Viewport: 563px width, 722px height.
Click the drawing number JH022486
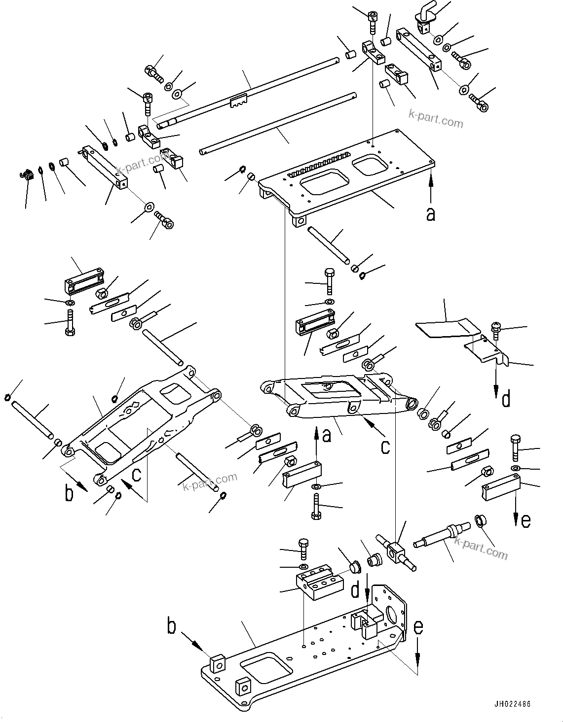tap(510, 704)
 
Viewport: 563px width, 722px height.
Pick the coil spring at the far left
tap(27, 175)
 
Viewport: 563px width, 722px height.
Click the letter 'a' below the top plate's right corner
tap(431, 214)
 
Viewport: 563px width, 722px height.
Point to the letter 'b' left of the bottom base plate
tap(171, 627)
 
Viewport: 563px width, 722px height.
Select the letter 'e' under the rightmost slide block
tap(525, 520)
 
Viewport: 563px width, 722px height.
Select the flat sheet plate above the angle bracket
tap(447, 329)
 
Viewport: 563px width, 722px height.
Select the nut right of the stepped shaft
tap(481, 520)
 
